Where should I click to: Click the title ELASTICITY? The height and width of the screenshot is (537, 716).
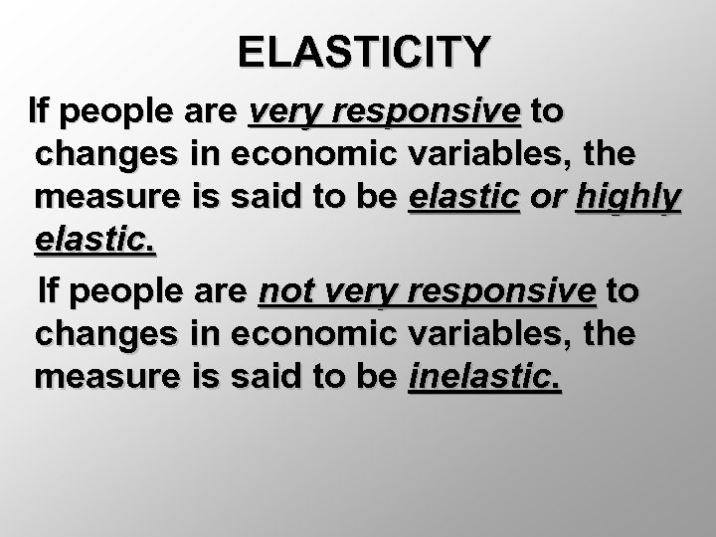365,51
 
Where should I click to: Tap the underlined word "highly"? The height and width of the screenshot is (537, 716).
628,199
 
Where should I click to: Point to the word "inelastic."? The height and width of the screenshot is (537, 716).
485,379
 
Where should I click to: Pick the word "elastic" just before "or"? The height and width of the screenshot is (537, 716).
463,199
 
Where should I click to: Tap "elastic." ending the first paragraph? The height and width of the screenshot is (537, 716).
95,244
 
